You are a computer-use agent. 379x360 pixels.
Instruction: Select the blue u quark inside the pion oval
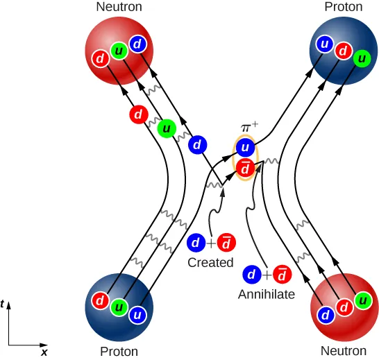pyautogui.click(x=244, y=148)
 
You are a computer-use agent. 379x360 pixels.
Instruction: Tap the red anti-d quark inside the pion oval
pyautogui.click(x=244, y=167)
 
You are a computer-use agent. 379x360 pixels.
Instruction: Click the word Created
pyautogui.click(x=210, y=263)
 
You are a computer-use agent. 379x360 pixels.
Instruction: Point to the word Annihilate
pyautogui.click(x=267, y=294)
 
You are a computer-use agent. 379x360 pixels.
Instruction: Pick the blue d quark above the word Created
pyautogui.click(x=196, y=243)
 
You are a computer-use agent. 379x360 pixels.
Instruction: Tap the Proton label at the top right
pyautogui.click(x=343, y=7)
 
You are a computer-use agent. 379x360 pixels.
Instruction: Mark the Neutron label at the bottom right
pyautogui.click(x=343, y=351)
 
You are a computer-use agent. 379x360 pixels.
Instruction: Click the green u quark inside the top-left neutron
pyautogui.click(x=119, y=52)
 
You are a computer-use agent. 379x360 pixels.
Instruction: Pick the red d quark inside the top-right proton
pyautogui.click(x=342, y=52)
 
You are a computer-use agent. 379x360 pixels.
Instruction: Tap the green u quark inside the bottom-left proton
pyautogui.click(x=119, y=307)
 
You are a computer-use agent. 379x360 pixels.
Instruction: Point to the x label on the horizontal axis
pyautogui.click(x=44, y=352)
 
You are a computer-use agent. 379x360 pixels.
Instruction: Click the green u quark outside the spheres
pyautogui.click(x=166, y=128)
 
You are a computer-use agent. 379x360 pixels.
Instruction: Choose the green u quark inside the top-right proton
pyautogui.click(x=360, y=60)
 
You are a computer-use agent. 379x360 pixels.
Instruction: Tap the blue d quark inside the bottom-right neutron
pyautogui.click(x=324, y=314)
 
